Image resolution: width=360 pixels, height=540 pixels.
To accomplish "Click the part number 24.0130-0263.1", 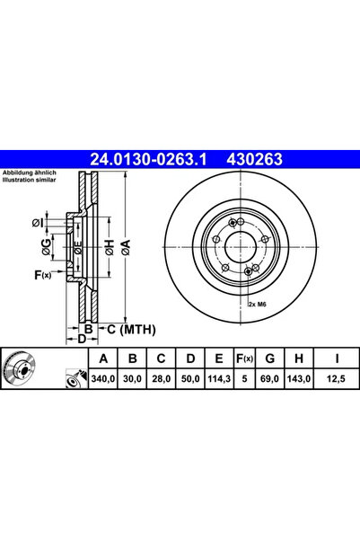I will click(x=148, y=159).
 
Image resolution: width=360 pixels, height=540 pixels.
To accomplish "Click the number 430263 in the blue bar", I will click(x=259, y=159).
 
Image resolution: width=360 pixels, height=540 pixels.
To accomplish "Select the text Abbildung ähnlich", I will click(x=30, y=172).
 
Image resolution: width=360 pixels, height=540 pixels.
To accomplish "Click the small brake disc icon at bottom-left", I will click(x=26, y=370).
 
